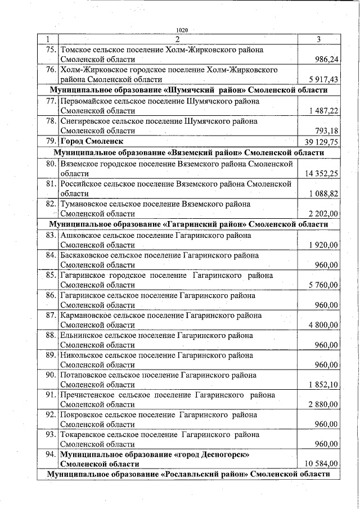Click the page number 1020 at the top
pyautogui.click(x=181, y=30)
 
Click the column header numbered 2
pyautogui.click(x=177, y=39)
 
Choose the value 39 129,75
pyautogui.click(x=321, y=141)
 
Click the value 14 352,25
pyautogui.click(x=321, y=173)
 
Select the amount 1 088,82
pyautogui.click(x=323, y=193)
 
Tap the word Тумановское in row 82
pyautogui.click(x=84, y=204)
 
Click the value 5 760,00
pyautogui.click(x=323, y=286)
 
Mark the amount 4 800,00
pyautogui.click(x=323, y=325)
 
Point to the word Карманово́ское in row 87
pyautogui.click(x=85, y=316)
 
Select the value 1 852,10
pyautogui.click(x=323, y=385)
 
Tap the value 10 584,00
pyautogui.click(x=321, y=464)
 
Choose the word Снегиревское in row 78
pyautogui.click(x=85, y=121)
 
